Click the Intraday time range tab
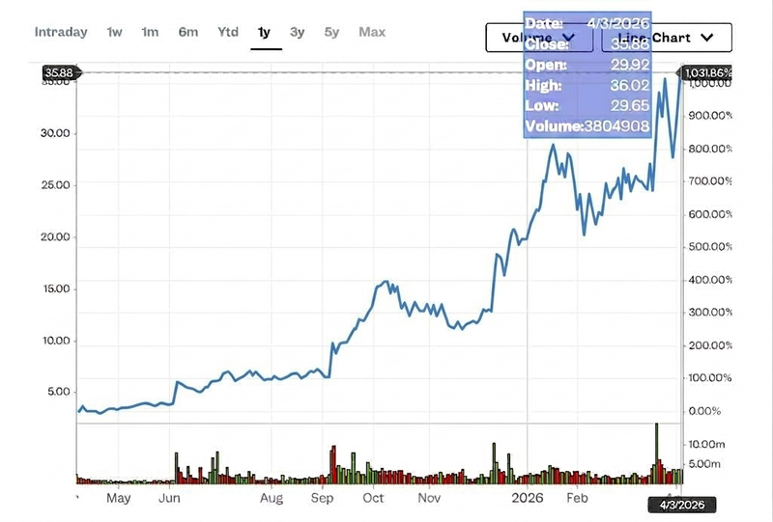click(x=61, y=32)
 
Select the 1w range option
click(x=114, y=32)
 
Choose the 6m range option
click(x=187, y=32)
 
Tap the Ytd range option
click(x=227, y=32)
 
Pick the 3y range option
click(x=297, y=32)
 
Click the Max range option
click(x=372, y=32)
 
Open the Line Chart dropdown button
click(x=667, y=38)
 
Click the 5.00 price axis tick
click(x=58, y=392)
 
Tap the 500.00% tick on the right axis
click(x=709, y=247)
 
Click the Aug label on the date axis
click(x=272, y=499)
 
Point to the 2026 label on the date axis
click(x=529, y=499)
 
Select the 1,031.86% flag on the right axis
click(x=707, y=72)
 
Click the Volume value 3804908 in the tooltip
click(x=616, y=126)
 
